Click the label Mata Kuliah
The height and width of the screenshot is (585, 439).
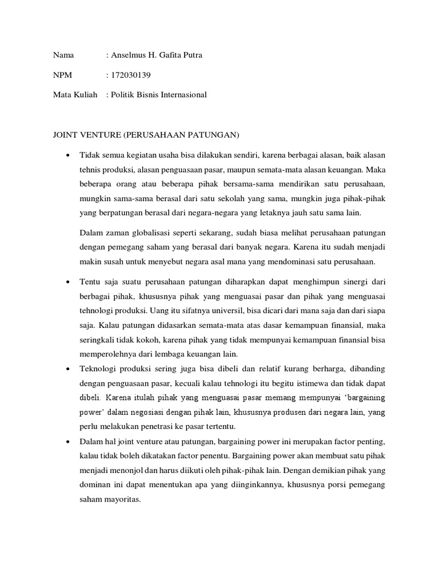pos(75,94)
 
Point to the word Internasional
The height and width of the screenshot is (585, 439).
pos(181,94)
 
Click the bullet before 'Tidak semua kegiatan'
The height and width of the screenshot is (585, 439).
pos(67,155)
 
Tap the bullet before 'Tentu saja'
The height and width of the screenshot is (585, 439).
pos(67,282)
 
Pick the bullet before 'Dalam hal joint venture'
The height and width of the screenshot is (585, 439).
pos(67,442)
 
